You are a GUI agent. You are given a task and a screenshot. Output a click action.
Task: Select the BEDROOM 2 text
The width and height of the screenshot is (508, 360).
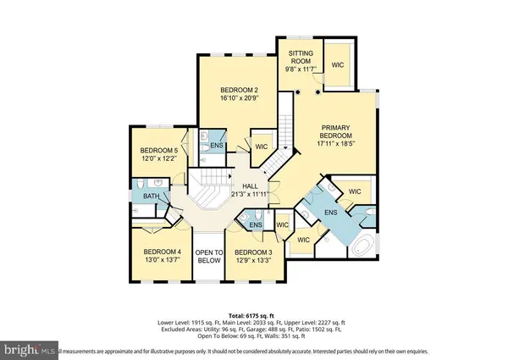pyautogui.click(x=239, y=91)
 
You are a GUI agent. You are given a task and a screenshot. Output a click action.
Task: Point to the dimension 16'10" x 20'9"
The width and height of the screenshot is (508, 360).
pyautogui.click(x=239, y=99)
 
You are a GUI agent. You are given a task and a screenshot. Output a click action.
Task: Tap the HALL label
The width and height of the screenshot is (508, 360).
pyautogui.click(x=251, y=187)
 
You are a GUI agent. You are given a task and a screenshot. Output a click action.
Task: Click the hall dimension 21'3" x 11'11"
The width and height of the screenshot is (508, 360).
pyautogui.click(x=251, y=196)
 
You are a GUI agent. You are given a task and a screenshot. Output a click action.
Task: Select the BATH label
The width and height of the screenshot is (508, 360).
pyautogui.click(x=151, y=197)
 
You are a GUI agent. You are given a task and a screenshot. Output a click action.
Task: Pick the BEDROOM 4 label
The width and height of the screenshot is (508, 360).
pyautogui.click(x=162, y=252)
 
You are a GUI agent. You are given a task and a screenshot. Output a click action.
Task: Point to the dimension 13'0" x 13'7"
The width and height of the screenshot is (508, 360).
pyautogui.click(x=162, y=260)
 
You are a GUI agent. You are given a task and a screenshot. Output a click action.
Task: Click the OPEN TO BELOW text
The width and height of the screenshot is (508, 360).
pyautogui.click(x=208, y=257)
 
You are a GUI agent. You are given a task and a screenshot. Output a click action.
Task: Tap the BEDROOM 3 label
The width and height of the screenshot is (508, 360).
pyautogui.click(x=253, y=252)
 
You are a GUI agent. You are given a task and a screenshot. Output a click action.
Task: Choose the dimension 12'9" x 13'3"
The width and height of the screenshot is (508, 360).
pyautogui.click(x=253, y=261)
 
